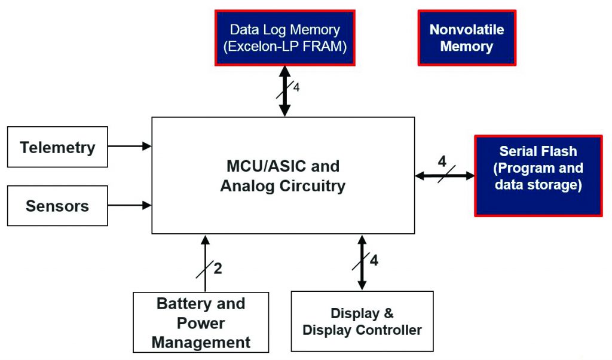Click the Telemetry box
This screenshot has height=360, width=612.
(x=57, y=147)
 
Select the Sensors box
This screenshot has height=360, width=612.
(x=57, y=206)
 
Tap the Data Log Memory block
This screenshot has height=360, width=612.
(x=284, y=38)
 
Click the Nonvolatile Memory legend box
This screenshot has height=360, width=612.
(x=466, y=38)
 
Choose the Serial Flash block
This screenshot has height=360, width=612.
(x=538, y=175)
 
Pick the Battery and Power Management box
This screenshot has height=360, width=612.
(x=201, y=322)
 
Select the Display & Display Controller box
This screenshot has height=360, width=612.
(x=362, y=322)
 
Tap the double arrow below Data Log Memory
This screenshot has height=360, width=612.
(x=284, y=91)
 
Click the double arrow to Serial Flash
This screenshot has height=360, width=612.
(x=445, y=176)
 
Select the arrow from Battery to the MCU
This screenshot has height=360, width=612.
(x=205, y=263)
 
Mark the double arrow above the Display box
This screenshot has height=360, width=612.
(x=361, y=263)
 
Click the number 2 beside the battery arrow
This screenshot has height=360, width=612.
(x=218, y=269)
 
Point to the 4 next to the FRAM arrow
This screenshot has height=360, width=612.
(x=296, y=88)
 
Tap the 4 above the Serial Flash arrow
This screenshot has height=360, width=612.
(x=442, y=161)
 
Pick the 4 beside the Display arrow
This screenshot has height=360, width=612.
(x=374, y=261)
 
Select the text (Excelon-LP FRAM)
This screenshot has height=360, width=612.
(x=284, y=47)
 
